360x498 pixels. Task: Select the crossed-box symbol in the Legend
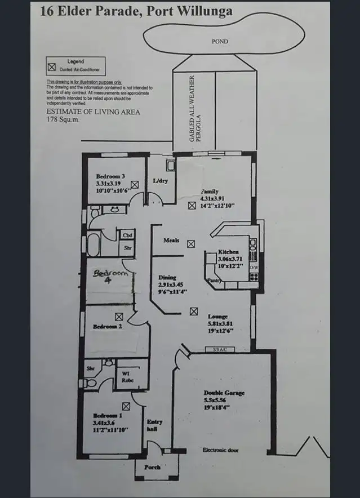point(52,67)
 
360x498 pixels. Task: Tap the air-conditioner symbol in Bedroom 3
point(135,184)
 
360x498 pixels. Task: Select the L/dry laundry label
point(161,181)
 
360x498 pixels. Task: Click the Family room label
point(210,192)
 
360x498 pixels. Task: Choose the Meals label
point(171,241)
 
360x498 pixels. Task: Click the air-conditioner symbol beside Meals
point(191,243)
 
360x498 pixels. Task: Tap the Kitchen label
point(229,252)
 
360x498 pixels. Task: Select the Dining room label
point(167,278)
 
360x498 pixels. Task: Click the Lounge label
point(217,317)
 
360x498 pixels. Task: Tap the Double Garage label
point(224,393)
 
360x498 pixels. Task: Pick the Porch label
point(152,467)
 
